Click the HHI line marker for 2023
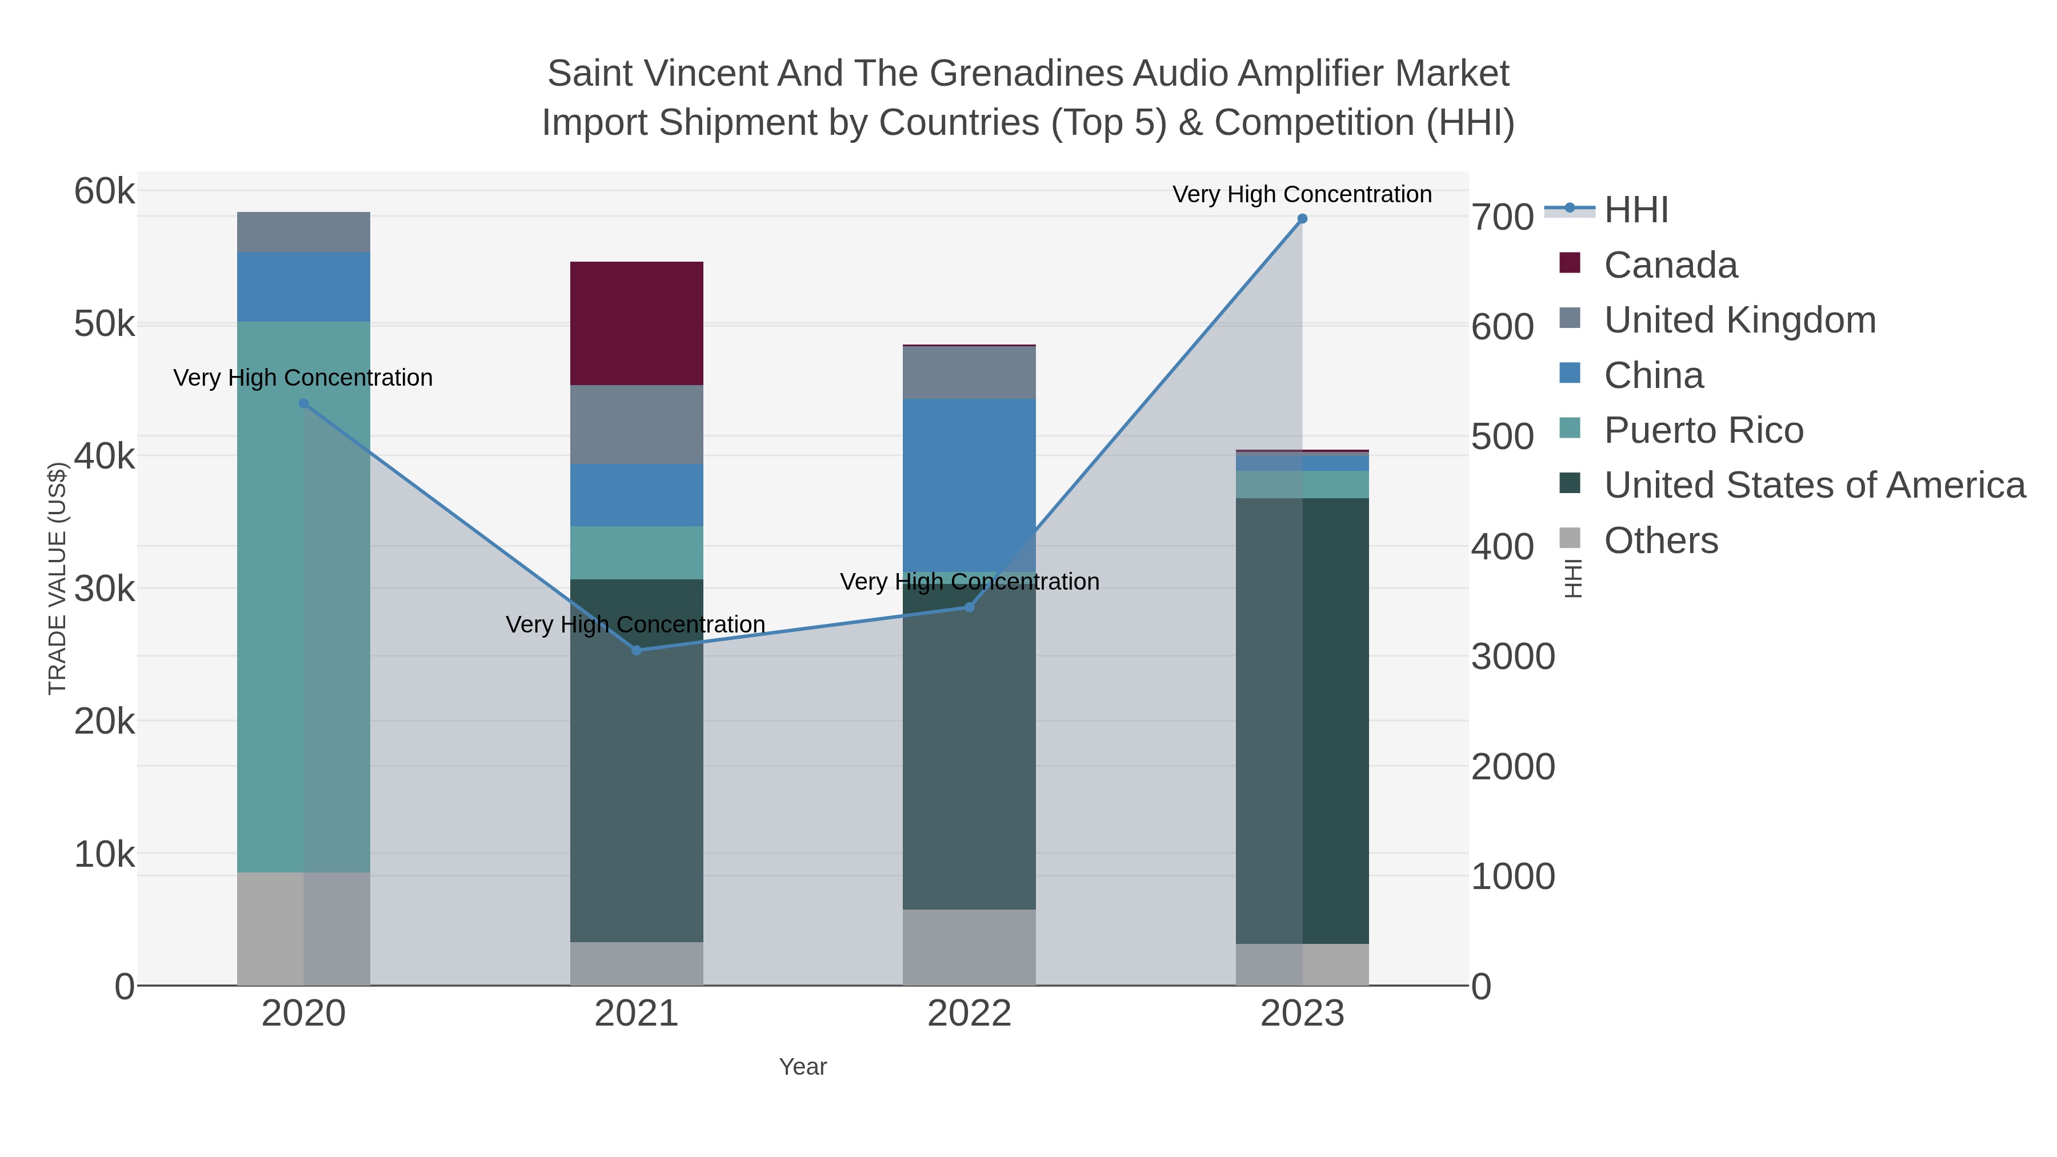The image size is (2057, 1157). click(x=1302, y=219)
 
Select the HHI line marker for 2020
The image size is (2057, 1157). click(x=303, y=404)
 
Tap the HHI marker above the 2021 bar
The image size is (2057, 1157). click(x=637, y=651)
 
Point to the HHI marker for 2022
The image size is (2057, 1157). click(x=970, y=608)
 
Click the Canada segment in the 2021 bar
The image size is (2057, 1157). click(x=637, y=323)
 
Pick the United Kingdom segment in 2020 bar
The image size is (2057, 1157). click(x=303, y=233)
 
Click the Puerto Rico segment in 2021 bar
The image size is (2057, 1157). click(x=637, y=553)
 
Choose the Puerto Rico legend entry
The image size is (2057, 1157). click(x=1703, y=430)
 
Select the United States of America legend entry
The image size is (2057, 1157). click(x=1814, y=486)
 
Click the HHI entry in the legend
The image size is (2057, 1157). click(x=1635, y=210)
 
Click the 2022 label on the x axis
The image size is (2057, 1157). click(x=970, y=1014)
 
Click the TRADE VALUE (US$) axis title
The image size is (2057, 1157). click(x=58, y=578)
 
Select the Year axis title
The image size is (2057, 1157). click(x=803, y=1067)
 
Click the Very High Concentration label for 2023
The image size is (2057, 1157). click(x=1302, y=195)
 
